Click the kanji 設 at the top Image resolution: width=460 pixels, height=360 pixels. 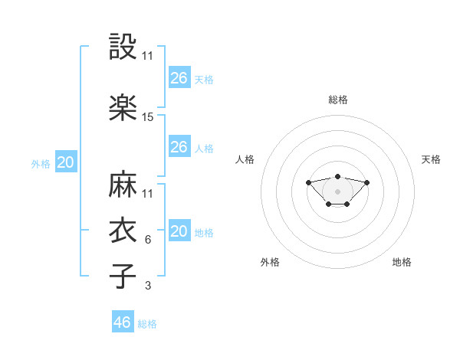coord(123,47)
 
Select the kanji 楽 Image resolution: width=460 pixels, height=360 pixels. coord(123,107)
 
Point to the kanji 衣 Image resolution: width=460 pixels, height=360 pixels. coord(123,230)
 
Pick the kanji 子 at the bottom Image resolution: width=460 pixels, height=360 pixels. coord(123,275)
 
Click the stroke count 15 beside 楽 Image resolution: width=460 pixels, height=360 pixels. coord(148,117)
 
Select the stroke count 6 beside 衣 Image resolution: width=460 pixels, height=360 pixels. coord(148,240)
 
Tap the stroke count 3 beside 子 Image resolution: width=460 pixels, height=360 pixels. coord(148,285)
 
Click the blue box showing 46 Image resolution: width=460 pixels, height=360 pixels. coord(123,322)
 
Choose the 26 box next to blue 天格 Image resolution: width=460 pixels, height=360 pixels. coord(179,77)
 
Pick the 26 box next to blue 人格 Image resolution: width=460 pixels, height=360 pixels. coord(179,147)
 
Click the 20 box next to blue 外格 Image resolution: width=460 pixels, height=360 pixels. coord(66,162)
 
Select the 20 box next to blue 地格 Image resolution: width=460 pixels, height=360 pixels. coord(179,231)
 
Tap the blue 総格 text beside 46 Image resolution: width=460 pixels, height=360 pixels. coord(147,324)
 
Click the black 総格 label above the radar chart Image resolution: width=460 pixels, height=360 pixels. coord(337,100)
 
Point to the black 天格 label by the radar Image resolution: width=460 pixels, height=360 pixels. coord(431,159)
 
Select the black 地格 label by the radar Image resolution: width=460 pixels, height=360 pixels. coord(402,262)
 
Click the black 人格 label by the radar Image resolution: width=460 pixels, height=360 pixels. coord(245,159)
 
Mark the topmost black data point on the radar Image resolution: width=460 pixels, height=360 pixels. coord(337,176)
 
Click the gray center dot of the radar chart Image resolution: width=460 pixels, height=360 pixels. coord(337,191)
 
